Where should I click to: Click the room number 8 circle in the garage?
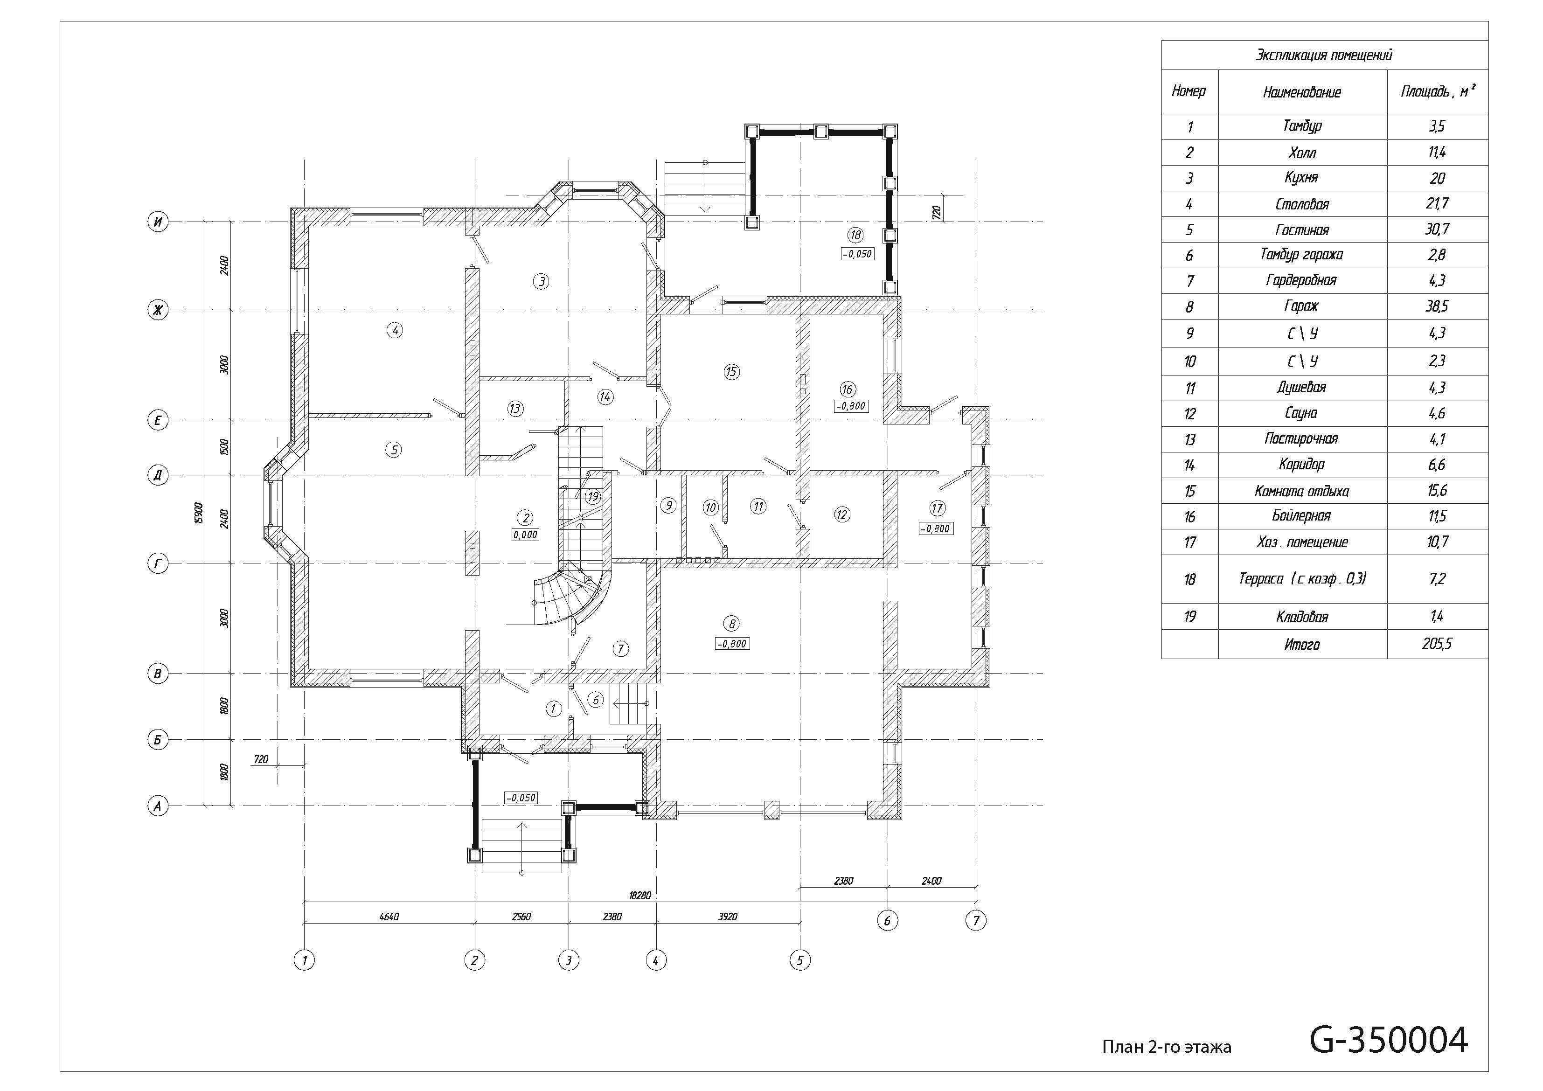[732, 624]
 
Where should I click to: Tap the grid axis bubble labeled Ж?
[158, 310]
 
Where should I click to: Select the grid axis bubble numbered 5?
[800, 960]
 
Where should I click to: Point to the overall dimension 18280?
[640, 896]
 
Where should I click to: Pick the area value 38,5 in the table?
[1437, 306]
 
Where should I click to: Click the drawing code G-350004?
[1389, 1040]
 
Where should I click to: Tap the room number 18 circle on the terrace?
[855, 235]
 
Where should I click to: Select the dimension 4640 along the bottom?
[389, 916]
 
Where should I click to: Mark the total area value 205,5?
[1437, 644]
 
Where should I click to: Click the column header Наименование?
[1302, 92]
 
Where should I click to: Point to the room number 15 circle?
[731, 371]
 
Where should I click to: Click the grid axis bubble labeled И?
[158, 222]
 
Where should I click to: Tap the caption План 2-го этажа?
[1167, 1047]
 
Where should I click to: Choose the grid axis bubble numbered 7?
[976, 920]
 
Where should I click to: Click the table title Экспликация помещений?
[1324, 55]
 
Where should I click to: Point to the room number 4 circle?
[395, 330]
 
